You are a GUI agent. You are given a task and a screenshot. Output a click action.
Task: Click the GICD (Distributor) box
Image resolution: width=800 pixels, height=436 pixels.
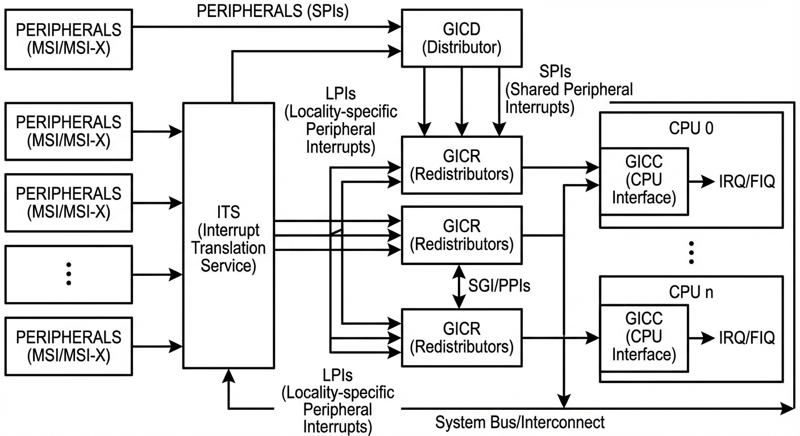coord(461,37)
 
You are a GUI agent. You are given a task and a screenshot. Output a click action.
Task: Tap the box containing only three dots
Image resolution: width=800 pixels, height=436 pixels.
coord(68,274)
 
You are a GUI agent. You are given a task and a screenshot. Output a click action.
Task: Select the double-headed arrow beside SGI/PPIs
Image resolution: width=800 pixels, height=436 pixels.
coord(461,286)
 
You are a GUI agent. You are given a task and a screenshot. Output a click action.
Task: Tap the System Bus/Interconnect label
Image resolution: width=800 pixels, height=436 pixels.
coord(520,422)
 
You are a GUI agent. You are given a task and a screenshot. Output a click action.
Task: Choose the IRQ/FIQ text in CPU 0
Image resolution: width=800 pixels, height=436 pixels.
coord(747,182)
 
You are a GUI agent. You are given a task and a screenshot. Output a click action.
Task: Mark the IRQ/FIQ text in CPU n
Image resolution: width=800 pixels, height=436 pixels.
coord(747,338)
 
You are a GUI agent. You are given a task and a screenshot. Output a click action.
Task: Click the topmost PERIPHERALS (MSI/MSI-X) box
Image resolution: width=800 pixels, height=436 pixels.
coord(68,37)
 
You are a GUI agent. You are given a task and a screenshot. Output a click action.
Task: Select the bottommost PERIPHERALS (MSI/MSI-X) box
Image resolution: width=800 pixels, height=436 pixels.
coord(68,345)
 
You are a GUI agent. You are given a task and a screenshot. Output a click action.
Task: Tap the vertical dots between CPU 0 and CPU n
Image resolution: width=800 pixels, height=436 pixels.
coord(691,252)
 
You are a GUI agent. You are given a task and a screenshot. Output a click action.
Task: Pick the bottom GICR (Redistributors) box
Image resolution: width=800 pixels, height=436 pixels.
coord(461,337)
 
